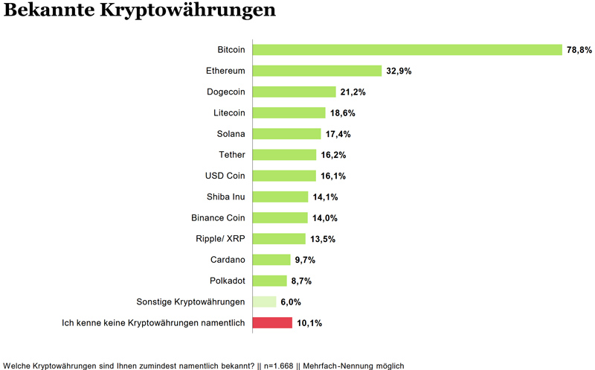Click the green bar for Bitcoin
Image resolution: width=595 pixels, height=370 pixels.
407,50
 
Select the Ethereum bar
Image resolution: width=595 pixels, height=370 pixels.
317,71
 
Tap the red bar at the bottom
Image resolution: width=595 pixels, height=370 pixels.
272,323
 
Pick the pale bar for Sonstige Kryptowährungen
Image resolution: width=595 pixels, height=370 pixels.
264,302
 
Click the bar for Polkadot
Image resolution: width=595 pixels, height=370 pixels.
269,281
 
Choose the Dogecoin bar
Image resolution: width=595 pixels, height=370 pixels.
294,92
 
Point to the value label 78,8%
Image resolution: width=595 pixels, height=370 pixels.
579,50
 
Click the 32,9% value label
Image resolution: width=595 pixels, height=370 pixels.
399,71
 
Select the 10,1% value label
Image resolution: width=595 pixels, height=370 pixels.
309,323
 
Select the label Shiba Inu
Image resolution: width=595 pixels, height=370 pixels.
226,197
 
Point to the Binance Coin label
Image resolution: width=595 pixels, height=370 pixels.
219,218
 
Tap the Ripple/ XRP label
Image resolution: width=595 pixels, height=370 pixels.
221,239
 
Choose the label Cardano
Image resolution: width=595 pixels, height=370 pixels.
228,260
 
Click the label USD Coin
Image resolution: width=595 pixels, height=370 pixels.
225,176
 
